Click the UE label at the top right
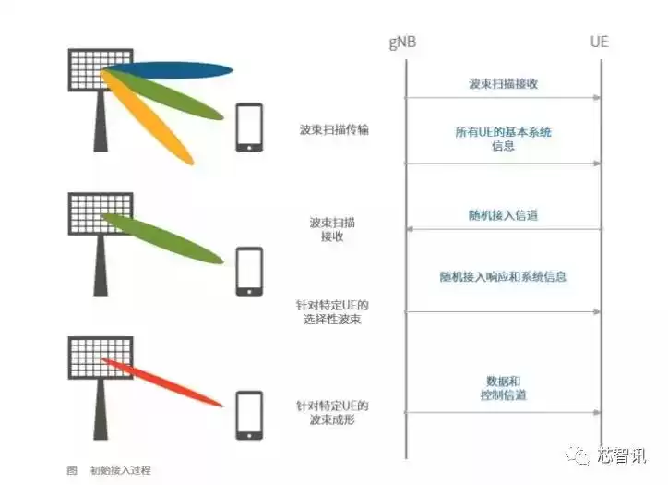pos(600,42)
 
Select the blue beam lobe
pos(180,70)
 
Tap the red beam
pos(166,382)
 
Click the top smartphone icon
pos(249,127)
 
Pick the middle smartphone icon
pos(249,270)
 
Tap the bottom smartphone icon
pos(249,415)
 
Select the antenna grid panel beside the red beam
pos(99,357)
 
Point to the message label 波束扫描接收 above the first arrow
pos(503,83)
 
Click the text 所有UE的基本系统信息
pos(503,139)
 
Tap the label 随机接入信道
pos(503,215)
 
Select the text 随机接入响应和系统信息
pos(503,276)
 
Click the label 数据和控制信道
pos(503,388)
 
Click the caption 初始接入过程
pos(120,470)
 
